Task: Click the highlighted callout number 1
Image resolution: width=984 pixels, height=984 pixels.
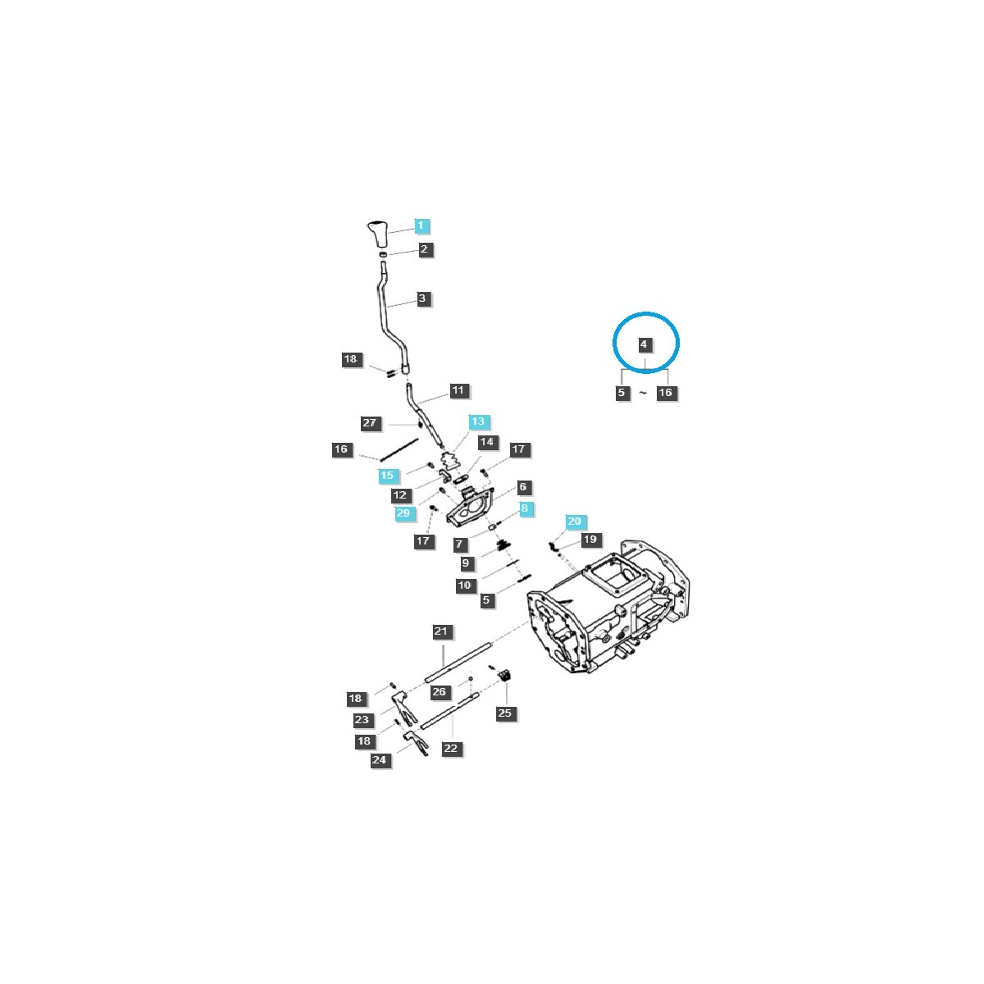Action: pos(421,225)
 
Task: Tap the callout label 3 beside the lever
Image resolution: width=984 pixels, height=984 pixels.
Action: pos(422,298)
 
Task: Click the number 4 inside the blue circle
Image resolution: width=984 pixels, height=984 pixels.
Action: pos(644,344)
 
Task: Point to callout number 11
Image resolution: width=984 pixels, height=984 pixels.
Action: pos(458,390)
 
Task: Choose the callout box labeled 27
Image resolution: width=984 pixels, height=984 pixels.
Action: pos(370,423)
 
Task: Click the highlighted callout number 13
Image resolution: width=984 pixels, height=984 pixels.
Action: pos(478,421)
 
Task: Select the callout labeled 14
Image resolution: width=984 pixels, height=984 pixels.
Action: pos(487,442)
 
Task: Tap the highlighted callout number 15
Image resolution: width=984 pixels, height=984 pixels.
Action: pos(387,476)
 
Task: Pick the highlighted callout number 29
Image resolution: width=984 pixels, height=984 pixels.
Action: pos(403,513)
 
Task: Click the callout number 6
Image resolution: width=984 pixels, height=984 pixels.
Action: pos(522,487)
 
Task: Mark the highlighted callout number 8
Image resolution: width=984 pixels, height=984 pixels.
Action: pos(525,509)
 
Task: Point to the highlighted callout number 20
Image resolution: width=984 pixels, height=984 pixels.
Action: pos(574,522)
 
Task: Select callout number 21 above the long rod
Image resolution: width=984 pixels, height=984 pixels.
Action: pos(441,631)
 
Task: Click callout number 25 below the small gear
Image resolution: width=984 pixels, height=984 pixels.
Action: pos(504,713)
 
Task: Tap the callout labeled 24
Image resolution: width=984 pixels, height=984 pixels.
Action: pos(379,760)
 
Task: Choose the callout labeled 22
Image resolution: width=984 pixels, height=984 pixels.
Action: pos(450,749)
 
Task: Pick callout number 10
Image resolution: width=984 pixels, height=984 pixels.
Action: pos(465,585)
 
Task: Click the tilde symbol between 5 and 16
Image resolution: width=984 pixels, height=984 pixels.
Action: pos(643,394)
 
